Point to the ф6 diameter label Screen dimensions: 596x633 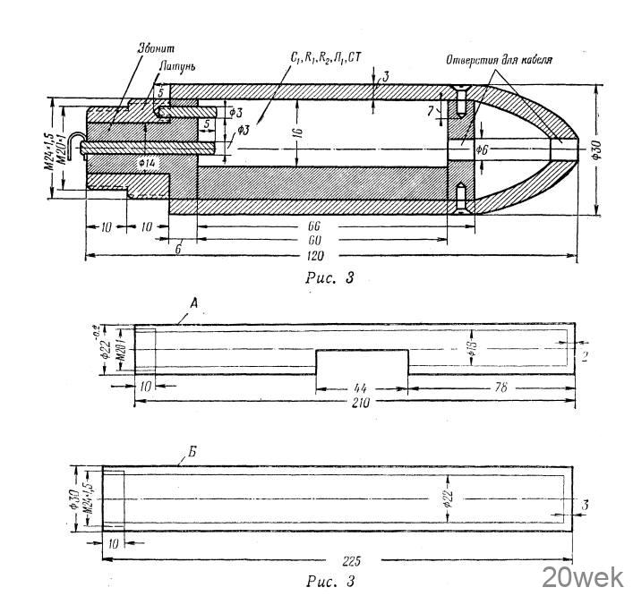[x=481, y=149]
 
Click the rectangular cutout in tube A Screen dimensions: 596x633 [x=364, y=363]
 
